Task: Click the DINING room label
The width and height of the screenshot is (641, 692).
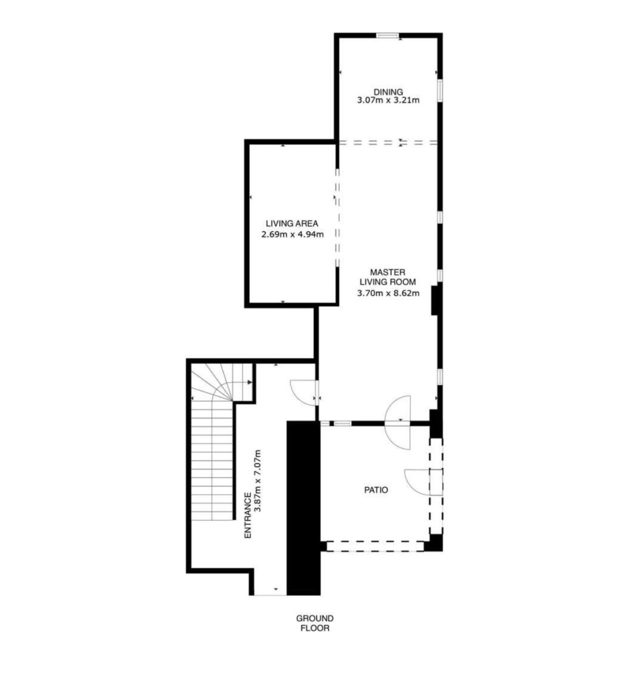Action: point(388,92)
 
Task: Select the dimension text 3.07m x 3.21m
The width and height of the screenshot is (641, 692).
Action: point(388,101)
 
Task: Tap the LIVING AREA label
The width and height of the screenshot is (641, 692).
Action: point(292,223)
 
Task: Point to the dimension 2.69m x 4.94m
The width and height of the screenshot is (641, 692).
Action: point(292,235)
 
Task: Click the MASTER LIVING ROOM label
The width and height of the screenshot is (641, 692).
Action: point(388,277)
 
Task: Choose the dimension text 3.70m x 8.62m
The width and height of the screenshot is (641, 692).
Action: point(388,294)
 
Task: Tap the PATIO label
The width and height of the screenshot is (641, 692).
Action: point(376,490)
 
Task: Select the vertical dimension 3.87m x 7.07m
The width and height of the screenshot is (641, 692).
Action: point(258,481)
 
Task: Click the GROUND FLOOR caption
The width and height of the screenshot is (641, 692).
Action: point(315,623)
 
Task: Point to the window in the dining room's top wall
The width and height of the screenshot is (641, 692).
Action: point(387,35)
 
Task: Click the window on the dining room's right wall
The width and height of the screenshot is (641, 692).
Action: point(440,91)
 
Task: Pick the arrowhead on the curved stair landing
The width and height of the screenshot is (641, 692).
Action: point(250,382)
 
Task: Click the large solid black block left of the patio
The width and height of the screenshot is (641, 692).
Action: point(303,509)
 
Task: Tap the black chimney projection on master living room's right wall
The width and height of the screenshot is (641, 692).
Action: point(435,300)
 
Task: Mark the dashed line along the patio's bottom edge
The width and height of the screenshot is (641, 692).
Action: point(375,546)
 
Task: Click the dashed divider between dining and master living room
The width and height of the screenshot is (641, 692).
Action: point(388,142)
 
